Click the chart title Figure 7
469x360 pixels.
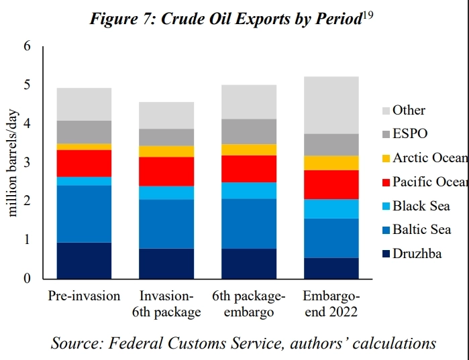click(x=226, y=19)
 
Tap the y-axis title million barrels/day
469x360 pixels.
click(x=13, y=162)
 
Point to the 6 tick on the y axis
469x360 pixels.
click(x=27, y=46)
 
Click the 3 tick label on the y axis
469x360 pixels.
click(x=27, y=162)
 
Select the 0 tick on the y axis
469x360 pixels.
click(x=27, y=278)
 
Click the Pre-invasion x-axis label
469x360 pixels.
click(x=84, y=296)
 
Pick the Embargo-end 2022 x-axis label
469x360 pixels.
click(x=331, y=304)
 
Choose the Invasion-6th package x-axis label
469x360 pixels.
click(x=166, y=304)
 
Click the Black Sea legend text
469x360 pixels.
click(x=421, y=206)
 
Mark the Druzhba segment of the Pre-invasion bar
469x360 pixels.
click(x=84, y=260)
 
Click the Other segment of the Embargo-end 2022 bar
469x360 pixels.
click(x=331, y=105)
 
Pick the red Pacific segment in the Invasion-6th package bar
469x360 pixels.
click(x=166, y=171)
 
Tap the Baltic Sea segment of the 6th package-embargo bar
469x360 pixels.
click(x=249, y=223)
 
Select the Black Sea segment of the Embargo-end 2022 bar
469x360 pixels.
click(x=331, y=208)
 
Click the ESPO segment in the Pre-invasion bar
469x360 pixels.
click(x=84, y=131)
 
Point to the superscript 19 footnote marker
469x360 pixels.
click(x=368, y=15)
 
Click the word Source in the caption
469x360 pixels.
click(x=74, y=343)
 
